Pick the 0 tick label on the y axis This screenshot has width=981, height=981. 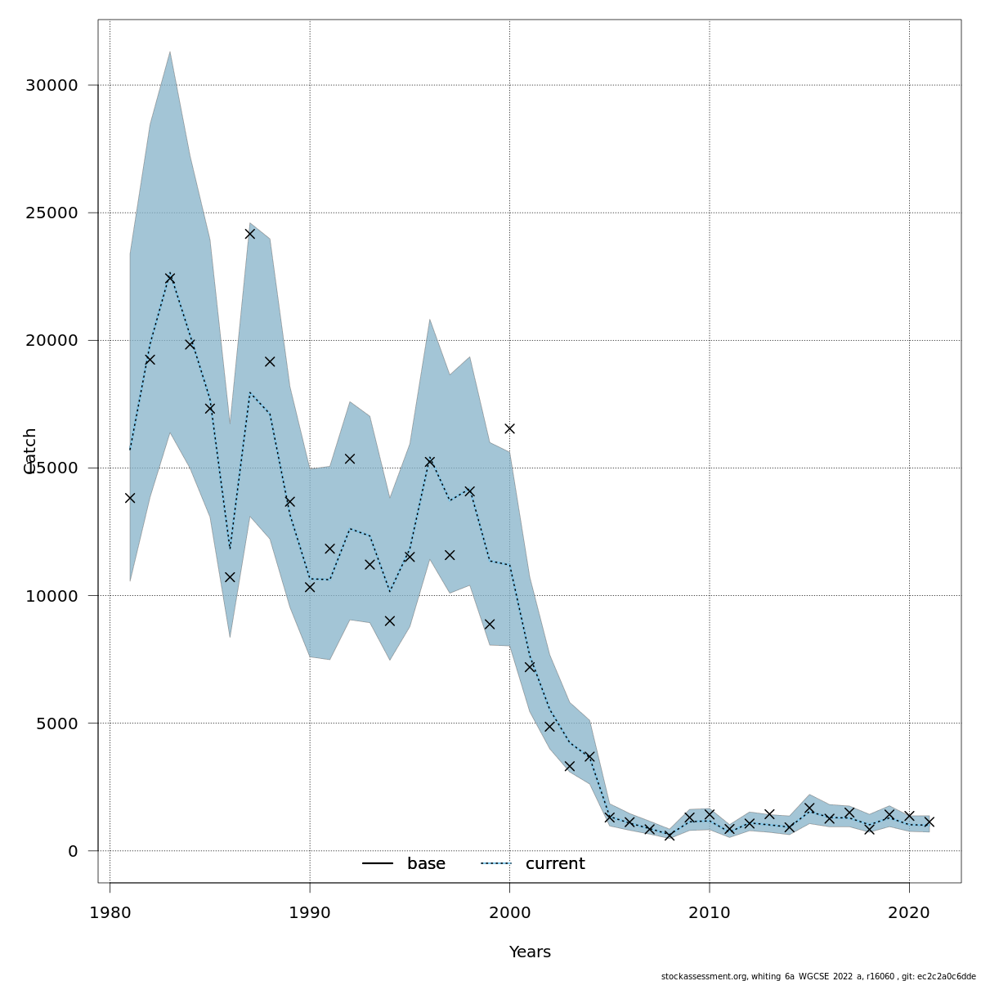[73, 851]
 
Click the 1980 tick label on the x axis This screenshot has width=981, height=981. [110, 912]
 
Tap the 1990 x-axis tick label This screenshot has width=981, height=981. [310, 912]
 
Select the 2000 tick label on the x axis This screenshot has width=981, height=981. [509, 912]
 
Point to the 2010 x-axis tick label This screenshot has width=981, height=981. [710, 912]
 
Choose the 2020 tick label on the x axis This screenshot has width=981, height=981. [909, 912]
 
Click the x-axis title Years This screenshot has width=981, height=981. [530, 952]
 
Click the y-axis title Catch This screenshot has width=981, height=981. [30, 450]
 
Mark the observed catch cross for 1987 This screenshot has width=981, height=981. [250, 234]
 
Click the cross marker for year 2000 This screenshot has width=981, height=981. [509, 428]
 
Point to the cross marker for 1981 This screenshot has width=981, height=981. [130, 498]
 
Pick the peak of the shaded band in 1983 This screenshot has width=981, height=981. [170, 52]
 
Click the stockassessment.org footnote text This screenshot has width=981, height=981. [818, 976]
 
